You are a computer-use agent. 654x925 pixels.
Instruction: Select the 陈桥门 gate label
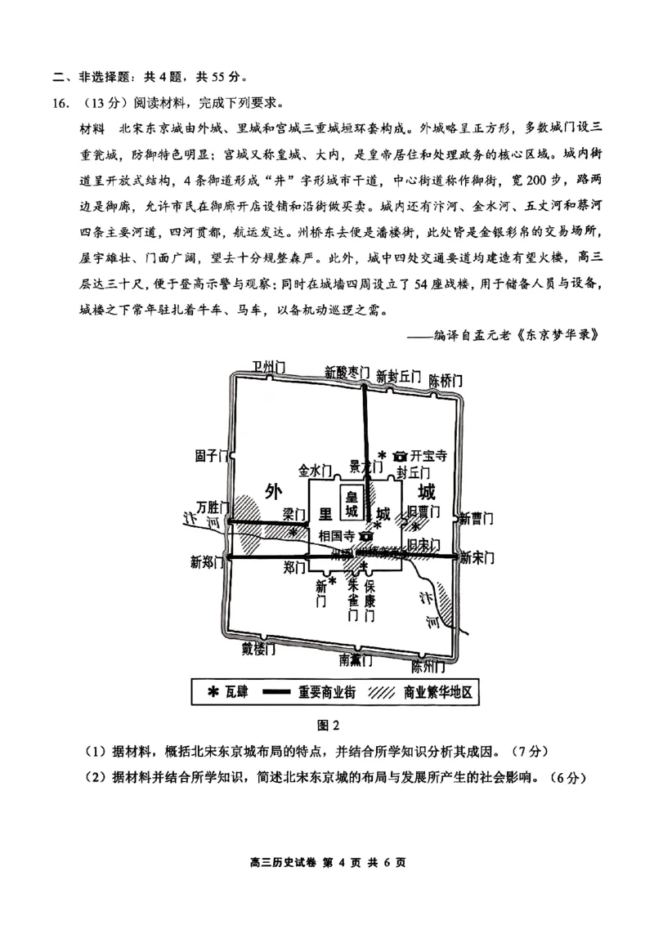pyautogui.click(x=446, y=381)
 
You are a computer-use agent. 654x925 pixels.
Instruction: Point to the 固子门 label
pyautogui.click(x=210, y=454)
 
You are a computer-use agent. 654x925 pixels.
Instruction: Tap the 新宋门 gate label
pyautogui.click(x=477, y=558)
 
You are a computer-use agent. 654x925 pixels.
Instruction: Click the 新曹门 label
pyautogui.click(x=476, y=518)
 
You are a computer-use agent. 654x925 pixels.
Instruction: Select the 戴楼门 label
pyautogui.click(x=258, y=649)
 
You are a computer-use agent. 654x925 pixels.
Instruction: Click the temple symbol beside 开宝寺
pyautogui.click(x=400, y=454)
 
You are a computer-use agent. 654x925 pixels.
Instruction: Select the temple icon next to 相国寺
pyautogui.click(x=365, y=537)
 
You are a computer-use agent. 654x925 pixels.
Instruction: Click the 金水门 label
pyautogui.click(x=314, y=470)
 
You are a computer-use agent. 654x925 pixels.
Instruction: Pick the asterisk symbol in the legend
pyautogui.click(x=213, y=692)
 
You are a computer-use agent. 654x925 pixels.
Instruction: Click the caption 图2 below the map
pyautogui.click(x=327, y=724)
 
